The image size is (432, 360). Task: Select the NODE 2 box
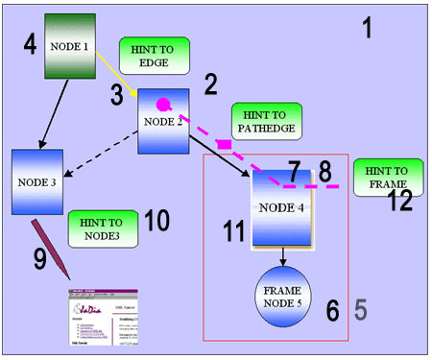click(x=163, y=122)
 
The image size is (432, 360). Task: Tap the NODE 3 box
click(x=37, y=181)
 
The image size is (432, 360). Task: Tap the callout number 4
click(x=30, y=44)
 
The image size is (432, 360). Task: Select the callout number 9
click(x=40, y=257)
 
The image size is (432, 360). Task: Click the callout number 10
click(x=156, y=221)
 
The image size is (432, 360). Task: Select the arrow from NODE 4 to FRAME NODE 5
click(x=282, y=257)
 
